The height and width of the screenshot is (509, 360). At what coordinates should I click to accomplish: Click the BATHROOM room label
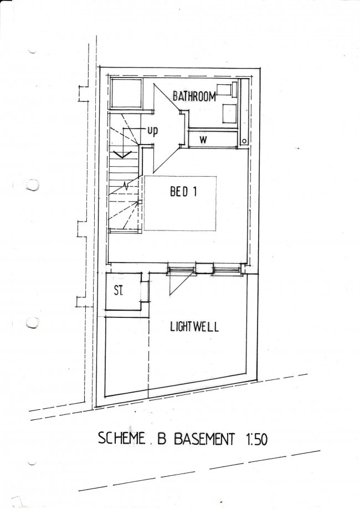point(193,96)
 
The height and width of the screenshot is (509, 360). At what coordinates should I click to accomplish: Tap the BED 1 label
point(184,193)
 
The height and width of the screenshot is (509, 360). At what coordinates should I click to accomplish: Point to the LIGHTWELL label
point(194,326)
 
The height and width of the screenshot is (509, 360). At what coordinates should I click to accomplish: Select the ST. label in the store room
point(119,290)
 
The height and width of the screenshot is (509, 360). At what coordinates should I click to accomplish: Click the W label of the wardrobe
point(203,140)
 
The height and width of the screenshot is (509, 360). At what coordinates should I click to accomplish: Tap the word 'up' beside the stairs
point(152,131)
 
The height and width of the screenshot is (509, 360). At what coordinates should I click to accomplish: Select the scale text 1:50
point(256,439)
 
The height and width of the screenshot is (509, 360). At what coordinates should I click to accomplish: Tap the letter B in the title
point(162,439)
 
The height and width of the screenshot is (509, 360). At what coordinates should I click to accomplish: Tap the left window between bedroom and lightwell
point(181,270)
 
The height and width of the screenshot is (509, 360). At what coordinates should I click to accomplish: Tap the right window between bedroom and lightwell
point(226,270)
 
